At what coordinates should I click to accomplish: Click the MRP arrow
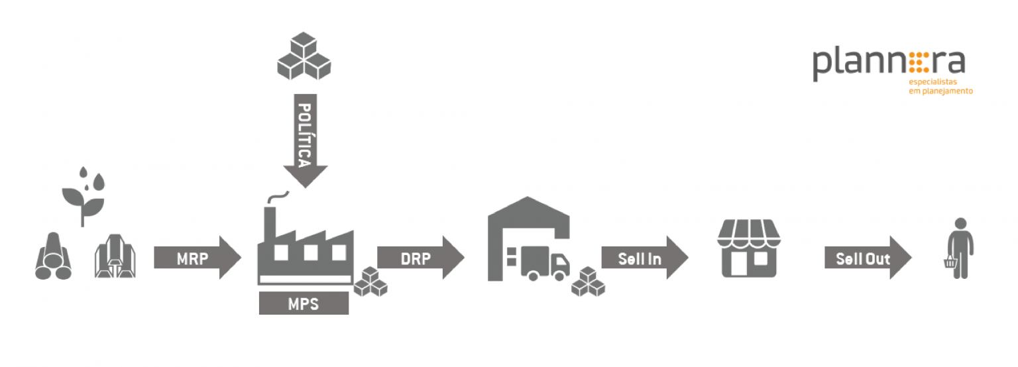198,258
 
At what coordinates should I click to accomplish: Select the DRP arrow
420,258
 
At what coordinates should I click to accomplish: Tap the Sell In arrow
644,258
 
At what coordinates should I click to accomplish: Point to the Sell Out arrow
868,258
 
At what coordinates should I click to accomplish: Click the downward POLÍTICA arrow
305,141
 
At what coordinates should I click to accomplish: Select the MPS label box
304,303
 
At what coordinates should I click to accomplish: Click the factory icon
306,245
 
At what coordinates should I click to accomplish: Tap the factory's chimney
270,225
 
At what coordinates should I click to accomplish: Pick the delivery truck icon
539,263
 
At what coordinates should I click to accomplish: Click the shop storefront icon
748,248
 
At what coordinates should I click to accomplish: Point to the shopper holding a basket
960,248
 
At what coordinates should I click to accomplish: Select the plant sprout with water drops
84,196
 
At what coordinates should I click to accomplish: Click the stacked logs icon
53,256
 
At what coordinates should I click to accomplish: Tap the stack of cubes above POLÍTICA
304,56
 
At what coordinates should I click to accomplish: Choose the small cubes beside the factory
370,282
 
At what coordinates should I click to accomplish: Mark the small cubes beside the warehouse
588,282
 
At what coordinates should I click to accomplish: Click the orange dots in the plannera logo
919,63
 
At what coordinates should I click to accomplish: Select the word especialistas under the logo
933,81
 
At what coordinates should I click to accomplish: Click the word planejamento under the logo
947,91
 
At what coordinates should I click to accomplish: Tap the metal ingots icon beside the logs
115,256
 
